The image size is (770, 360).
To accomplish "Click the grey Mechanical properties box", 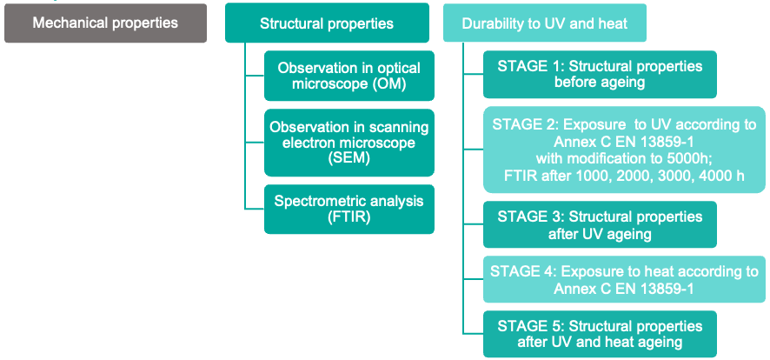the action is [x=105, y=23].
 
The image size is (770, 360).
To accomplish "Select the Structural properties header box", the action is [x=327, y=23].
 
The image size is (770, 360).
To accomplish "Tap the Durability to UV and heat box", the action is [x=545, y=23].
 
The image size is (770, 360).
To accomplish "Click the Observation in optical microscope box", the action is [x=349, y=76].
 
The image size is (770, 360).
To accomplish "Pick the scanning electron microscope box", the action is [x=349, y=143].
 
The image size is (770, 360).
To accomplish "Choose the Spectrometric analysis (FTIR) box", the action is [x=349, y=210].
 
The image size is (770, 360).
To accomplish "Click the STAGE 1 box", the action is [x=600, y=75].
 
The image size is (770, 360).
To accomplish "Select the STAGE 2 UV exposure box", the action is [x=624, y=150].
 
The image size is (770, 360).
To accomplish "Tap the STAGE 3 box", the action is [x=600, y=224].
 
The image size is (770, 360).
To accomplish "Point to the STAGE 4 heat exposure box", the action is [x=624, y=279].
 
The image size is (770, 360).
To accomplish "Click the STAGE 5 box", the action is [x=600, y=334].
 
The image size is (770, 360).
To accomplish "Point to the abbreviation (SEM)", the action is [x=349, y=159].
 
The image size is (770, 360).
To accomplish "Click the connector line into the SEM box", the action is [x=255, y=143].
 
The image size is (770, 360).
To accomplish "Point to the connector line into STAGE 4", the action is [x=473, y=279].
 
